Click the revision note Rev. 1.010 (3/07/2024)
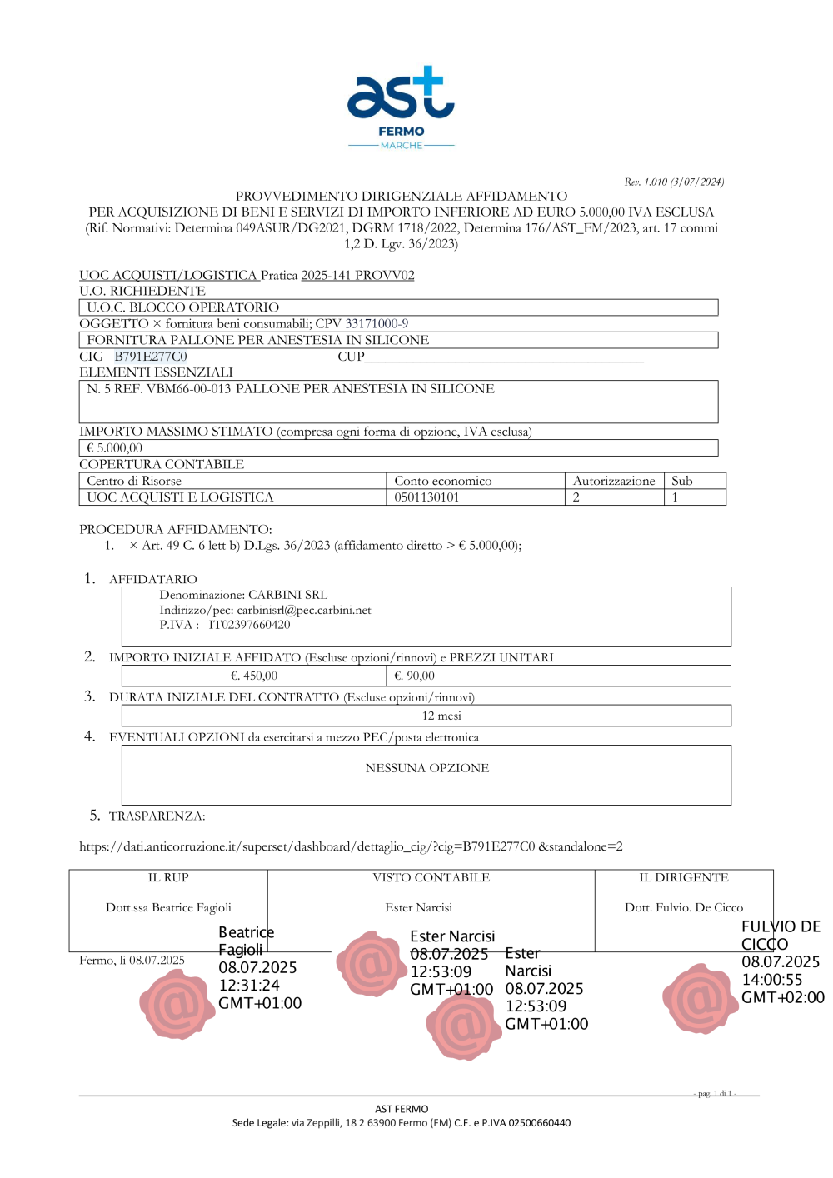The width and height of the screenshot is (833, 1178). coord(674,182)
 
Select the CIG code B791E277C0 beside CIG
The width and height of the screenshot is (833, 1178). coord(151,357)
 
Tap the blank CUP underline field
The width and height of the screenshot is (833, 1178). coord(504,357)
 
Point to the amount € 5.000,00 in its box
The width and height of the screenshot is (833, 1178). coord(115,448)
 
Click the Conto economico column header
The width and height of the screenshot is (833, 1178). coord(443,481)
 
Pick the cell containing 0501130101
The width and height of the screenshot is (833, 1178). coord(426,497)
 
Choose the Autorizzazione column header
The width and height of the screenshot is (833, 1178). coord(614,481)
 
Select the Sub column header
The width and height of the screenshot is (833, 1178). coord(682,481)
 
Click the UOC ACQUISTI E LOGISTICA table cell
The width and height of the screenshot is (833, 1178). coord(180,497)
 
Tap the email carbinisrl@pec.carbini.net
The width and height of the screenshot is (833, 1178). coord(304,610)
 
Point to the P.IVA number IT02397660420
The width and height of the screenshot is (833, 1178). coord(250,625)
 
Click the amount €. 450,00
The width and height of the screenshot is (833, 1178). coord(254,676)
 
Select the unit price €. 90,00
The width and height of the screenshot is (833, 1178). coord(415,676)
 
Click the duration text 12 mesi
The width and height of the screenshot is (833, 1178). coord(441,716)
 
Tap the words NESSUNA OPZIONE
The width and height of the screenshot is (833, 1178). coord(427,768)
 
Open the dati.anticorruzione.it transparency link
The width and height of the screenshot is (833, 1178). coord(351,846)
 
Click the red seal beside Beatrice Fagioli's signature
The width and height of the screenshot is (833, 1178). coord(177,1004)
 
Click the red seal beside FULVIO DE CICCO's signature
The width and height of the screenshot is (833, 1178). coord(700,998)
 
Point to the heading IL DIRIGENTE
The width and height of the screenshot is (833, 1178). coord(684,877)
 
